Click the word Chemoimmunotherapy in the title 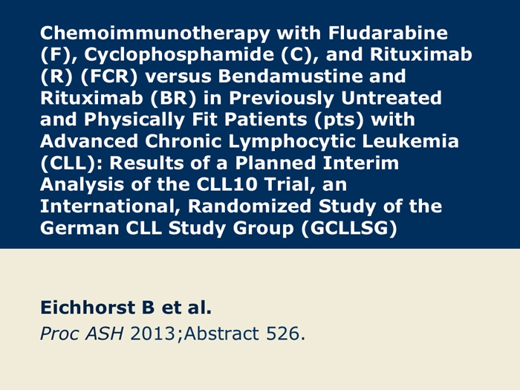click(155, 34)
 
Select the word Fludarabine click(388, 33)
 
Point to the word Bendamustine click(312, 76)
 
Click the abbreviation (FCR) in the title click(108, 77)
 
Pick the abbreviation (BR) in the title click(173, 99)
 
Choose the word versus click(178, 77)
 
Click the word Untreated click(391, 97)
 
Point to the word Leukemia click(411, 141)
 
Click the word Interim click(361, 163)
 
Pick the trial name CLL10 click(227, 184)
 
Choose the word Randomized click(250, 206)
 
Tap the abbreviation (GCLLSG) click(349, 229)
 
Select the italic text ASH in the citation click(105, 334)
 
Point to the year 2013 click(152, 334)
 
